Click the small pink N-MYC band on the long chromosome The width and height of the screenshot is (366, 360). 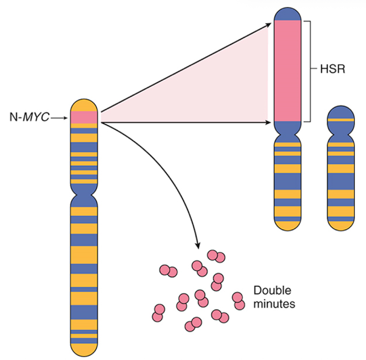(84, 117)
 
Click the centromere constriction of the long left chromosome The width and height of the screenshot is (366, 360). (84, 192)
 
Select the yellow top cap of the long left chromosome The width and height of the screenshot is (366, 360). (84, 105)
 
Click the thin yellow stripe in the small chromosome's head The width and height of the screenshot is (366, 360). (341, 119)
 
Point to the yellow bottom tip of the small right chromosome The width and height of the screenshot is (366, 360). (341, 226)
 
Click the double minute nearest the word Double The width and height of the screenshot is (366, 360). (239, 301)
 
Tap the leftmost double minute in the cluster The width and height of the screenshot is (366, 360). (158, 313)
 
